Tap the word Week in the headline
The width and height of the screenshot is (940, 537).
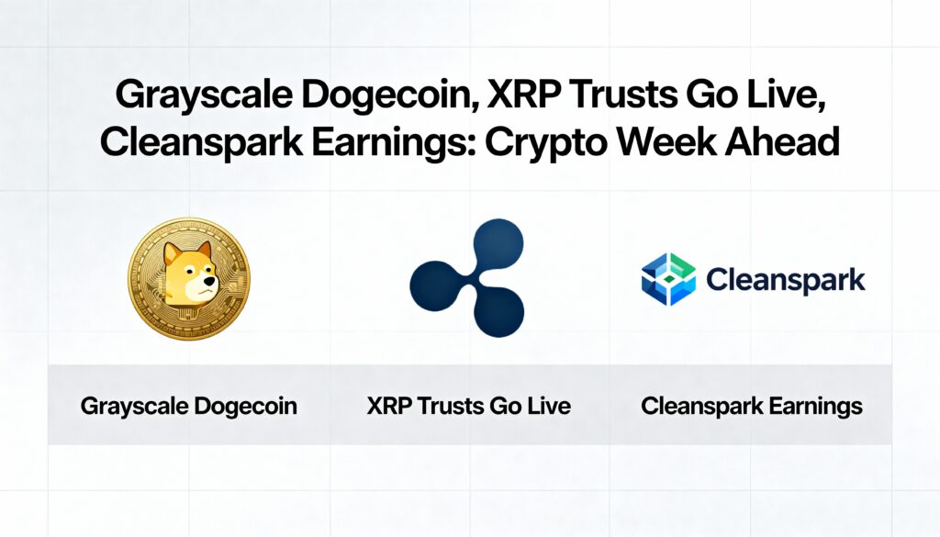(x=666, y=141)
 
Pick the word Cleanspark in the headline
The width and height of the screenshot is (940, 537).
(x=201, y=142)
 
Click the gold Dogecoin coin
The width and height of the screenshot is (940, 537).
(x=189, y=279)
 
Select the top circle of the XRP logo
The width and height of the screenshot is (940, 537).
(x=498, y=243)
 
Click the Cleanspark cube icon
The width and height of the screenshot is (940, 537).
(x=668, y=279)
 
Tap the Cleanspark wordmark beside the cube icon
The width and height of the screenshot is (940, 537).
(x=786, y=280)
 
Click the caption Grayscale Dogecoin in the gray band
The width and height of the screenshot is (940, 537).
(x=189, y=407)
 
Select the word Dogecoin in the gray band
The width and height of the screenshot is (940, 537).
(x=246, y=407)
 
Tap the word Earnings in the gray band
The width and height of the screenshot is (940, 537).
(x=815, y=407)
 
